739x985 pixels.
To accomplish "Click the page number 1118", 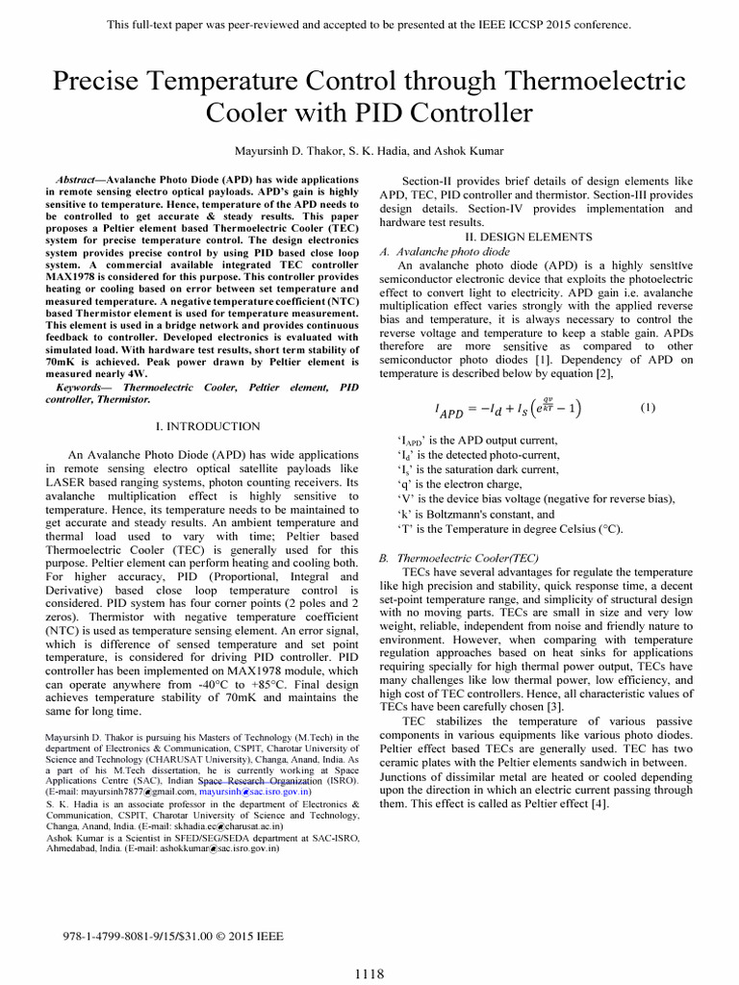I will click(369, 973).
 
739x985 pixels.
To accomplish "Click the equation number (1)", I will click(648, 408).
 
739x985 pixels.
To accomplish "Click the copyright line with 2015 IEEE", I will click(173, 934).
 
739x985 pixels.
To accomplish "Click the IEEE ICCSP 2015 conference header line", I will click(369, 24).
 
